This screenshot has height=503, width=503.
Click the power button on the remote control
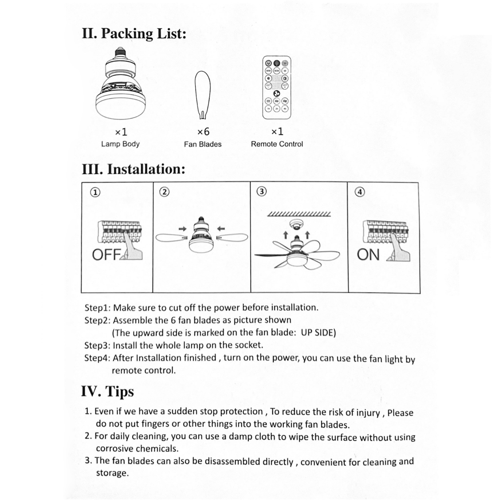(x=268, y=63)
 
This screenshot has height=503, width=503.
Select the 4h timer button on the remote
(x=285, y=109)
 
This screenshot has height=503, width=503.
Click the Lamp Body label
(x=120, y=144)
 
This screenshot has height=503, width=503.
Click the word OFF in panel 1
(x=106, y=255)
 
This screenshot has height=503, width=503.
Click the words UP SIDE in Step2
(x=318, y=333)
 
